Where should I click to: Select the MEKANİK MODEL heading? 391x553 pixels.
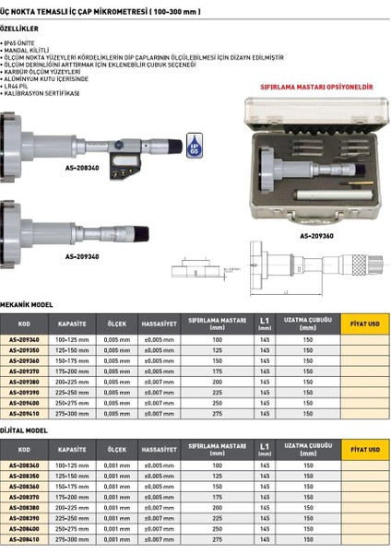pos(27,303)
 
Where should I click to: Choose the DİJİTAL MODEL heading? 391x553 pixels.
pos(24,429)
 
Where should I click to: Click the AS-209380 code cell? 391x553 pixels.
pos(25,382)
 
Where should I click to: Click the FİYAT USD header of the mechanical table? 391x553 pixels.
pos(364,324)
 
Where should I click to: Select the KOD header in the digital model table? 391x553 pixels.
pos(25,451)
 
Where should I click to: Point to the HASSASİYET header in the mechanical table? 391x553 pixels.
pos(159,324)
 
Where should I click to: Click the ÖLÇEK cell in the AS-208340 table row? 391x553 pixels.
pos(116,465)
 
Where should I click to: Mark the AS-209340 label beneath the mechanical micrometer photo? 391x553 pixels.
pos(80,256)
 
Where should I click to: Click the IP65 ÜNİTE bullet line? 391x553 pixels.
pos(24,43)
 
